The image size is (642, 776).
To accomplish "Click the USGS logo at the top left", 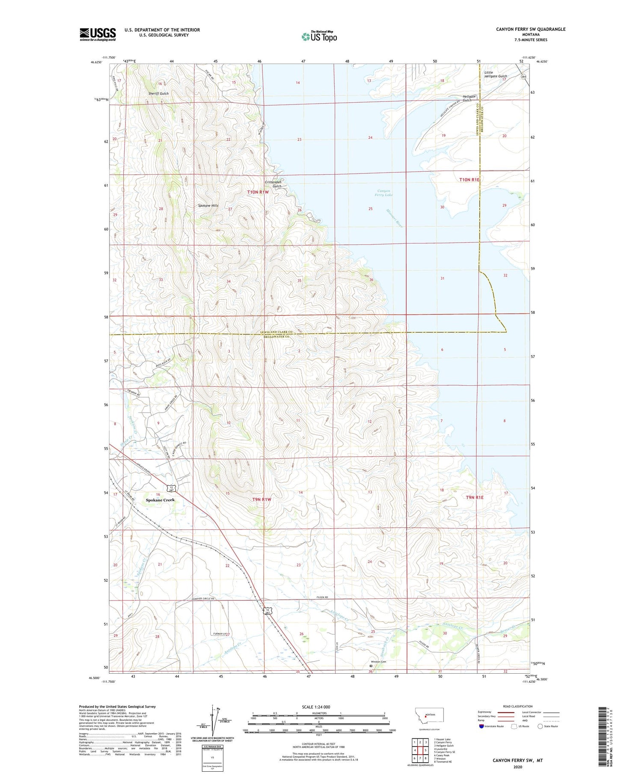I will pyautogui.click(x=98, y=34).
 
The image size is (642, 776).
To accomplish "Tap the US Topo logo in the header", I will pyautogui.click(x=319, y=37).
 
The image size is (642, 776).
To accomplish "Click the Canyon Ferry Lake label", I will pyautogui.click(x=384, y=193).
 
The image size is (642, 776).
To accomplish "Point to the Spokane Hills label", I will pyautogui.click(x=208, y=205).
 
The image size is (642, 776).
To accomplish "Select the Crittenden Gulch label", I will pyautogui.click(x=273, y=184).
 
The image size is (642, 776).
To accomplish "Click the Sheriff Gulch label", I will pyautogui.click(x=158, y=93).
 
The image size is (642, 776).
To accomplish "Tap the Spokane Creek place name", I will pyautogui.click(x=160, y=500).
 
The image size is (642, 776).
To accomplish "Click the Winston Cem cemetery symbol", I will pyautogui.click(x=371, y=666).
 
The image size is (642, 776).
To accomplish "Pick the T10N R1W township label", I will pyautogui.click(x=258, y=192).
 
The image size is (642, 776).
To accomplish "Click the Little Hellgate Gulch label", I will pyautogui.click(x=495, y=74).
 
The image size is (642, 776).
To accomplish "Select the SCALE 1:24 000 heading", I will pyautogui.click(x=316, y=707).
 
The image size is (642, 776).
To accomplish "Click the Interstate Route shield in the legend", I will pyautogui.click(x=481, y=726).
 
